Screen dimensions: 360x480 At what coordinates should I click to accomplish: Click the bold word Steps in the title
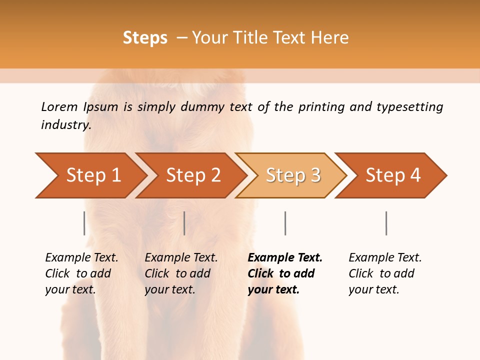(145, 37)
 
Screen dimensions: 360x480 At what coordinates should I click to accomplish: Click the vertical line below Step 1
(84, 223)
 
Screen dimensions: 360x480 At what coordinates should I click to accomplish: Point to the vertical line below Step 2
(184, 223)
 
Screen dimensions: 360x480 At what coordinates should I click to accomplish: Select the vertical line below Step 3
(285, 223)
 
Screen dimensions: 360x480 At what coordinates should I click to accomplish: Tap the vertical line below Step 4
(386, 223)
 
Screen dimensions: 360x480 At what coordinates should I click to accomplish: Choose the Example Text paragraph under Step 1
(81, 273)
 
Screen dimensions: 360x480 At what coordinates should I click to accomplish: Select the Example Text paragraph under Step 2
(181, 273)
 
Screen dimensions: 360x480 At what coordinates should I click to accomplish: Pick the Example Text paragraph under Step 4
(385, 273)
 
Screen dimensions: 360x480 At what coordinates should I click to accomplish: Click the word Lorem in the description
(59, 107)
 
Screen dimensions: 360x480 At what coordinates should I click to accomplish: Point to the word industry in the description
(65, 125)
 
